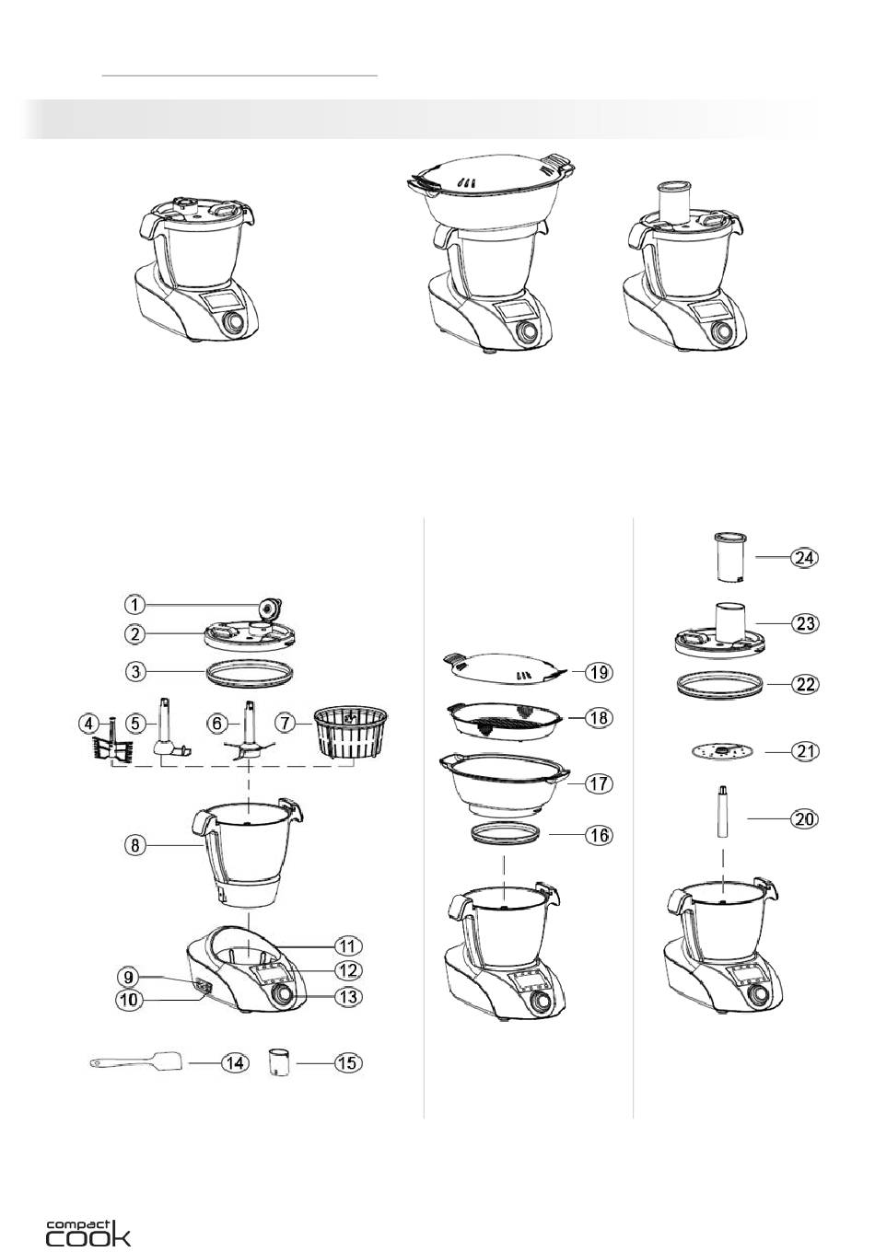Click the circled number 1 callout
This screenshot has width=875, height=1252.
tap(134, 604)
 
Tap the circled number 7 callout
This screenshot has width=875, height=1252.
tap(286, 723)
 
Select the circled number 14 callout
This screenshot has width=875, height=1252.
tap(235, 1062)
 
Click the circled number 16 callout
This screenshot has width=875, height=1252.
tap(599, 835)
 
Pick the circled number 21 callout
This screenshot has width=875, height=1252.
tap(805, 752)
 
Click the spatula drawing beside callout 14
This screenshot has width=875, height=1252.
tap(136, 1061)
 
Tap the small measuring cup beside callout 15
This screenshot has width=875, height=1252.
tap(277, 1062)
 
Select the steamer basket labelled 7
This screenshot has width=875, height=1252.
tap(350, 733)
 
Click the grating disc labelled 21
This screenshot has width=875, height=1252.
tap(722, 752)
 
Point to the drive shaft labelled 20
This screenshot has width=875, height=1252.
tap(723, 812)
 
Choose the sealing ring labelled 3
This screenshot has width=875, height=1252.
tap(250, 671)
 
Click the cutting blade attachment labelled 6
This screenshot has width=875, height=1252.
tap(249, 732)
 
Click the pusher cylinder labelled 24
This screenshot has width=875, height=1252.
tap(730, 558)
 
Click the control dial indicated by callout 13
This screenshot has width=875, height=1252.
tap(283, 994)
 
